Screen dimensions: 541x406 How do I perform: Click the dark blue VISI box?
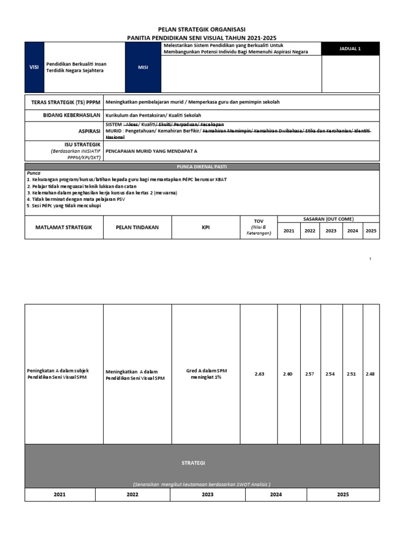coord(34,67)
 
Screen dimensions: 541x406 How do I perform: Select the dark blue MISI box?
coord(143,67)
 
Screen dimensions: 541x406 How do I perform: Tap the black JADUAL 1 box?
coord(350,49)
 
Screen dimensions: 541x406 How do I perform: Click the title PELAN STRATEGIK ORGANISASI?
coord(202,30)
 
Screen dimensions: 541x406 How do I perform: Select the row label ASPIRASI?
coord(89,130)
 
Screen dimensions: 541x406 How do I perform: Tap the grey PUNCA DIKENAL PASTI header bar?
coord(202,167)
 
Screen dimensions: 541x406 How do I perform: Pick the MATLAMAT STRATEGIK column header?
coord(63,227)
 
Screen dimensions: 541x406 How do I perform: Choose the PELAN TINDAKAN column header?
coord(137,227)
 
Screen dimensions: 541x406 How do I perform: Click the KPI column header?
coord(206,227)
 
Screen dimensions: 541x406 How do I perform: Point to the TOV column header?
coord(259,221)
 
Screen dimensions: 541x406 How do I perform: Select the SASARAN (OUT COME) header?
coord(328,219)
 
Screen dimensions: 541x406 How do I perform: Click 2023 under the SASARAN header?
coord(330,231)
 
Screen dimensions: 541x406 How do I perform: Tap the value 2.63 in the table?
coord(259,374)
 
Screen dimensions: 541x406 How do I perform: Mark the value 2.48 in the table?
coord(371,374)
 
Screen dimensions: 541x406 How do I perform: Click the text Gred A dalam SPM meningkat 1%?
coord(206,374)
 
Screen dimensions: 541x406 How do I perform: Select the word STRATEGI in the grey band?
coord(193,463)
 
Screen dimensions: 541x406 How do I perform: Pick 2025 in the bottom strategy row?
coord(343,495)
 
